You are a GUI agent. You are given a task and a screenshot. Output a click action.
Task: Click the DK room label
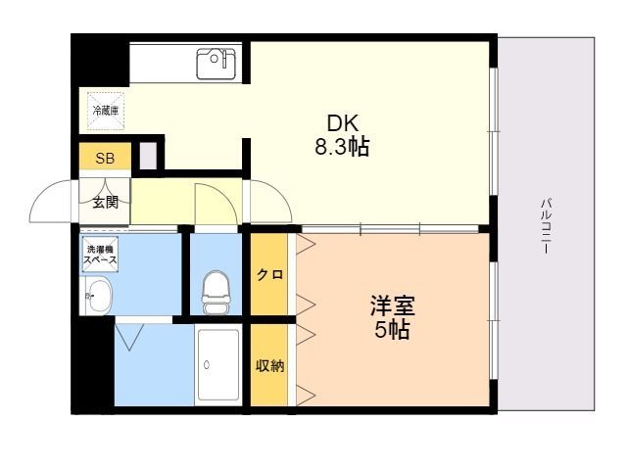coord(343,124)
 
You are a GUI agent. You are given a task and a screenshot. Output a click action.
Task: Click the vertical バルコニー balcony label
coord(545,226)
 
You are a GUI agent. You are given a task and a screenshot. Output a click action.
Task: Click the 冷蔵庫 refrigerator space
coord(105,111)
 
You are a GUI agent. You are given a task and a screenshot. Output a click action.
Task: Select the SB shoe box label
coord(104,158)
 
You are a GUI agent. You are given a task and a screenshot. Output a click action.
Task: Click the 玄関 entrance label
coord(105,203)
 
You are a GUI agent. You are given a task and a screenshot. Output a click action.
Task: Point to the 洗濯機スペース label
coord(99,256)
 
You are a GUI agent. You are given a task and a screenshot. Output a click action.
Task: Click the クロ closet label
coord(269,275)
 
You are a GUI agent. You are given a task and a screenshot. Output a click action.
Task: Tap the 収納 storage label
coord(269,366)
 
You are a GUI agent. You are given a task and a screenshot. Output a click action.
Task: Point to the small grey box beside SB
coord(147,157)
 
